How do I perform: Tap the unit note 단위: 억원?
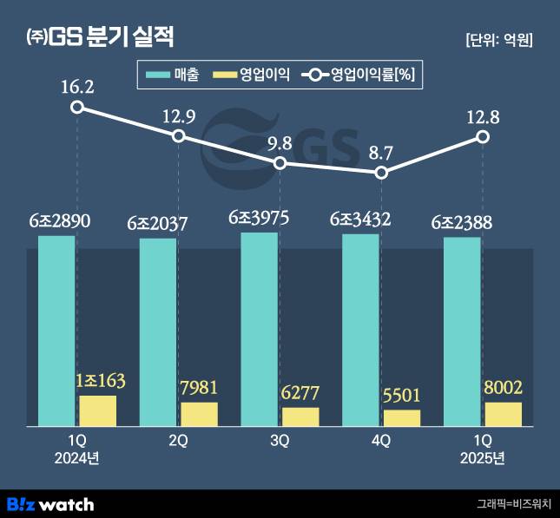498,40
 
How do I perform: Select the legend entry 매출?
174,75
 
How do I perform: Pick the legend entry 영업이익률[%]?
361,75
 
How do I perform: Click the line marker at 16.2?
77,107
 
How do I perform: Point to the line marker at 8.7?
381,173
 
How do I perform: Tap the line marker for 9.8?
280,163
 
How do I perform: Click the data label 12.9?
178,116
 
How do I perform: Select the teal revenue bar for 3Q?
260,329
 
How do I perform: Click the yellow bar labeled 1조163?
97,410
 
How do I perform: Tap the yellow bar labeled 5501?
401,417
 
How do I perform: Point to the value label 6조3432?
360,221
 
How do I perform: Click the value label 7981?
199,387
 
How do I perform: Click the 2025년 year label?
482,457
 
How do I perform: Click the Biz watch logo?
49,503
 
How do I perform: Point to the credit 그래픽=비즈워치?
513,504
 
